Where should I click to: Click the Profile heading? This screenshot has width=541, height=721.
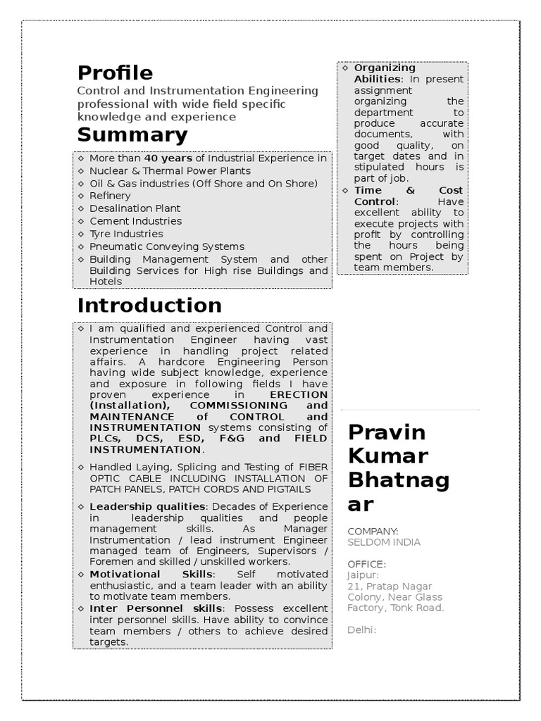pos(115,73)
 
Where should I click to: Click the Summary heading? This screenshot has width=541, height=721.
pos(132,134)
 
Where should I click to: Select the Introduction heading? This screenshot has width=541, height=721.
pos(149,305)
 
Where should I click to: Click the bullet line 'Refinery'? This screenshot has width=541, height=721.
pos(110,196)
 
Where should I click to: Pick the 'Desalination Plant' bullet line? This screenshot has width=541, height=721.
pos(135,208)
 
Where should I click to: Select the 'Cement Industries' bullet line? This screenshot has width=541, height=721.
pos(135,221)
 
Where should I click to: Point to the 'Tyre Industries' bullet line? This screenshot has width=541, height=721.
pos(126,234)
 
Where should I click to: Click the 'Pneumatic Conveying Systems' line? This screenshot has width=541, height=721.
pos(167,246)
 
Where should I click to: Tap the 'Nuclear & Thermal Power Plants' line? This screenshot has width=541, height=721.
pos(170,171)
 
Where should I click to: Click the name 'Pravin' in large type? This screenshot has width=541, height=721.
pos(387,432)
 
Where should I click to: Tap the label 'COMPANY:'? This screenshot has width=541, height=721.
pos(373,531)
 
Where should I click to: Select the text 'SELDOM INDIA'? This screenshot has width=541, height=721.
pos(383,542)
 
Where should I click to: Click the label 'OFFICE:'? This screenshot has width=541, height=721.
pos(366,564)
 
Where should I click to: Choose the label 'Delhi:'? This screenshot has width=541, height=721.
pos(362,629)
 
